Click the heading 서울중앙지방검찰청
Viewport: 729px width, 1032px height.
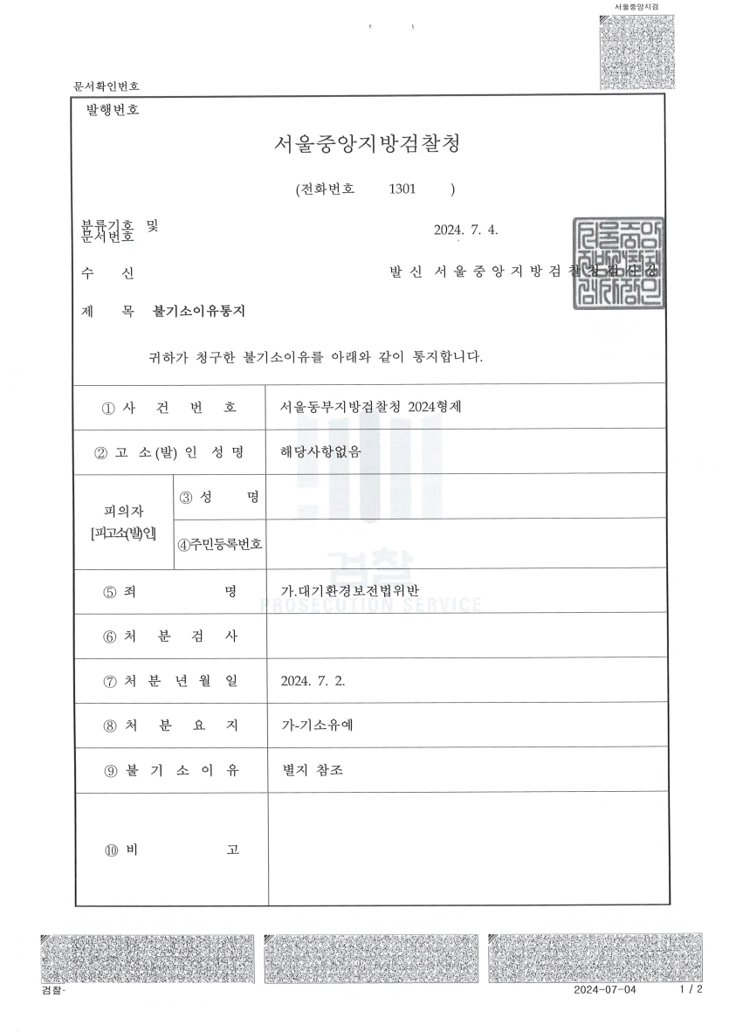[x=367, y=145]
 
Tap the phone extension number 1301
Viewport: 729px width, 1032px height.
[x=403, y=189]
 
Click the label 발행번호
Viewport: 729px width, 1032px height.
[x=113, y=111]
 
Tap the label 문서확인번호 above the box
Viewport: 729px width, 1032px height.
[x=107, y=86]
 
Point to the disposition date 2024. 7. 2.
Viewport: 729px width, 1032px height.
[x=313, y=682]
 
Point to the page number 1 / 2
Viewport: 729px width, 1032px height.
[x=690, y=991]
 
